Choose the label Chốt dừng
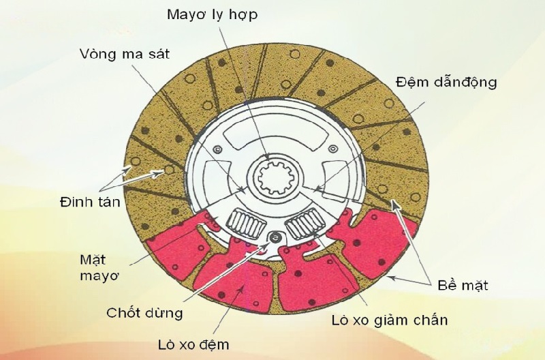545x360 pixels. (x=145, y=313)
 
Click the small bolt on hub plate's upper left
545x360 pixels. (x=217, y=149)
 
